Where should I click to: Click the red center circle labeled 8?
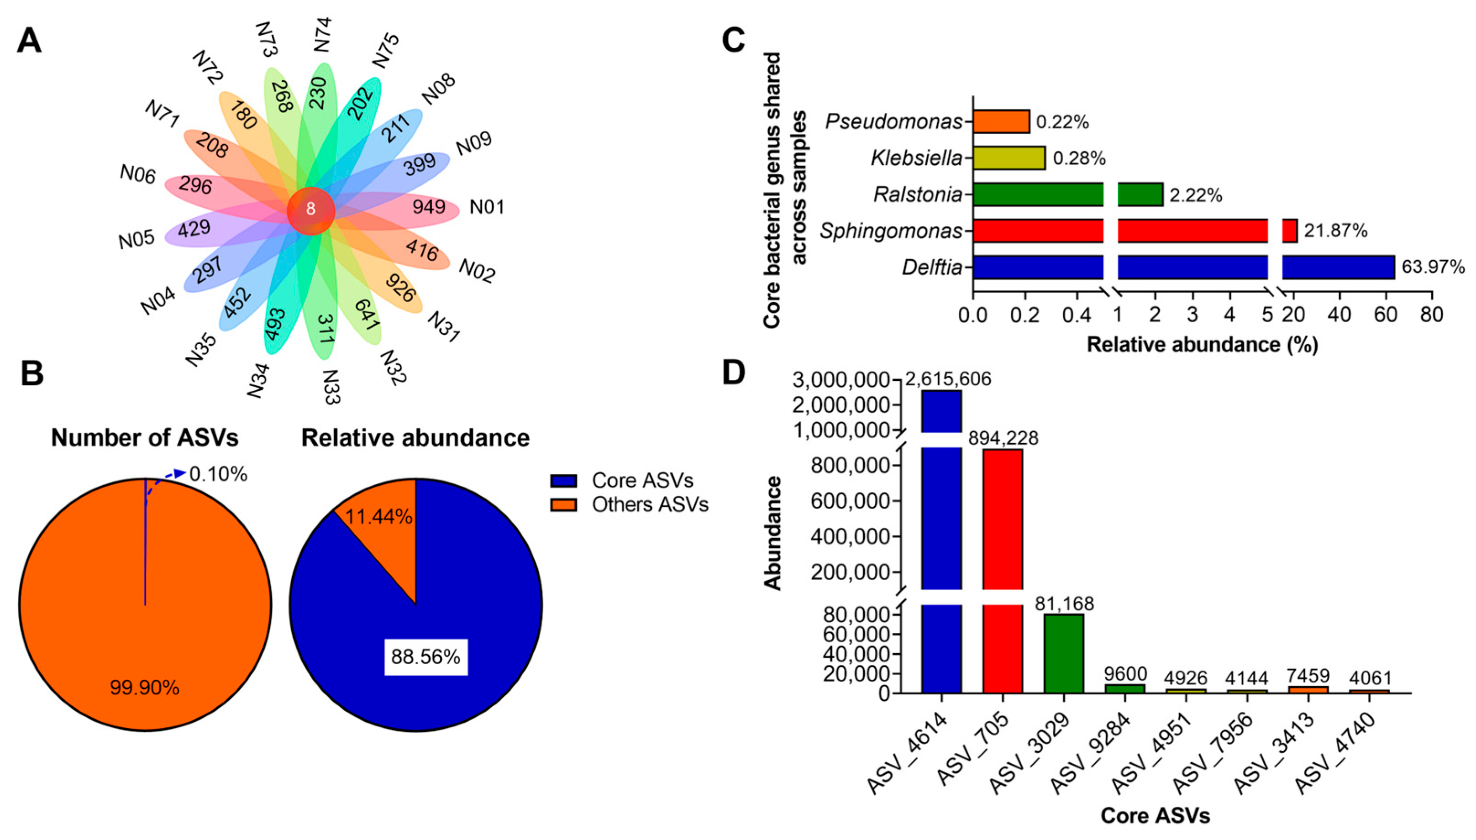tap(311, 210)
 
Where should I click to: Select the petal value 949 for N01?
tap(429, 206)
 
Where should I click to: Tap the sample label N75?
tap(385, 50)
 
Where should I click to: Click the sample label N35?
tap(201, 350)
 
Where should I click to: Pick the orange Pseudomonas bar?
tap(1001, 122)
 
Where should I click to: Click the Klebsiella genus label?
tap(917, 158)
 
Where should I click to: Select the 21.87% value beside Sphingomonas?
tap(1336, 231)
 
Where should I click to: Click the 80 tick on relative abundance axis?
tap(1432, 315)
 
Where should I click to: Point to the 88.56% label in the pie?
tap(425, 656)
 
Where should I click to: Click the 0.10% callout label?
tap(218, 474)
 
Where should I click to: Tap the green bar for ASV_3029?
tap(1064, 653)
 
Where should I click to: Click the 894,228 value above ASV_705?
tap(1003, 438)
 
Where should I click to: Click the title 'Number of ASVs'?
tap(145, 438)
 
